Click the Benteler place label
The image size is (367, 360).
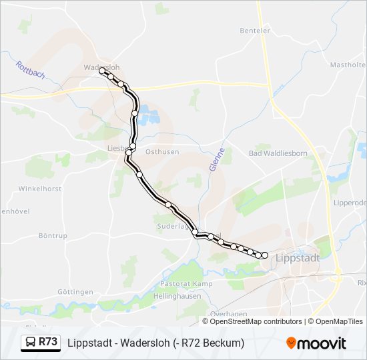pyautogui.click(x=255, y=31)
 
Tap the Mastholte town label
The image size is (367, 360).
pyautogui.click(x=348, y=65)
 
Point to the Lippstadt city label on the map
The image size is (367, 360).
pyautogui.click(x=298, y=257)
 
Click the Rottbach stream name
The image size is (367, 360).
pyautogui.click(x=30, y=69)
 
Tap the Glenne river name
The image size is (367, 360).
pyautogui.click(x=216, y=159)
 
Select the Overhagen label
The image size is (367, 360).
pyautogui.click(x=228, y=314)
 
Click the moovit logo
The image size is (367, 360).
pyautogui.click(x=316, y=343)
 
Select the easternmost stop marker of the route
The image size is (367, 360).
pyautogui.click(x=265, y=255)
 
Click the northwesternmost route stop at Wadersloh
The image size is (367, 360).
pyautogui.click(x=102, y=71)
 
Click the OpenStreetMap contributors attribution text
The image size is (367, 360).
pyautogui.click(x=256, y=321)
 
